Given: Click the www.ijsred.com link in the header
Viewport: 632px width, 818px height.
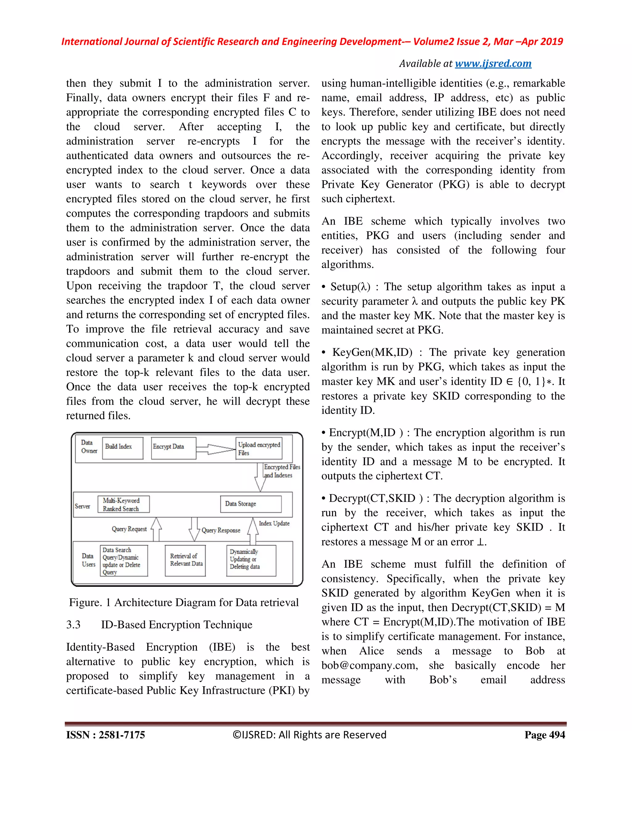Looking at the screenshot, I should [493, 64].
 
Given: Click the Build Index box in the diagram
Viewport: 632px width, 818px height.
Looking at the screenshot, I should [123, 448].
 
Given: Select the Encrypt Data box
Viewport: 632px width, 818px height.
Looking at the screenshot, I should [173, 448].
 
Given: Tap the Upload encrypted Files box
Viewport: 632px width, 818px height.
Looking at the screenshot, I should [259, 448].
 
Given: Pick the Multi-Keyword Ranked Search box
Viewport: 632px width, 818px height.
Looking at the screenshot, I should [123, 504].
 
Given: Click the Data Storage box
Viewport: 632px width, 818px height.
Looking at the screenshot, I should [251, 504].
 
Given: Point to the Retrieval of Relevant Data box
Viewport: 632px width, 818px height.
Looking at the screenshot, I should [185, 560].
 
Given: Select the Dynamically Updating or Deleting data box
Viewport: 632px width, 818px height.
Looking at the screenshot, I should [251, 560].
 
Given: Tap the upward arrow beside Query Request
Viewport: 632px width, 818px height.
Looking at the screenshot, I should [156, 529].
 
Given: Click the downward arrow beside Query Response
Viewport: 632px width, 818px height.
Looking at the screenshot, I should [194, 529].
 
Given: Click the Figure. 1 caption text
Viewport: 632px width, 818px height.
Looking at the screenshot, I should [184, 602].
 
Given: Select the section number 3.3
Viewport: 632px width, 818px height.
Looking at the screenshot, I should [73, 625].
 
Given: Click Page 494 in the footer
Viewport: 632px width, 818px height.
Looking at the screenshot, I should [544, 734].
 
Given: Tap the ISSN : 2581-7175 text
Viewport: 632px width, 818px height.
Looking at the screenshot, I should [106, 734].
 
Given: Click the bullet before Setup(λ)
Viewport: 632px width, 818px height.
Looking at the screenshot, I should [323, 287].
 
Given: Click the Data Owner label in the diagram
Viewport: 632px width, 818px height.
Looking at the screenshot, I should [89, 446].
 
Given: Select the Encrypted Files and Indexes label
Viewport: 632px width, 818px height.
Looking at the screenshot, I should [281, 471].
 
